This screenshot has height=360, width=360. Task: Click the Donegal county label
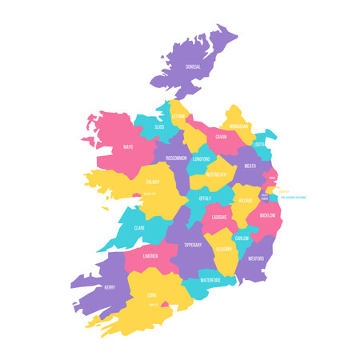pos(193,66)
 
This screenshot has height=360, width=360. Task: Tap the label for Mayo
pos(129,147)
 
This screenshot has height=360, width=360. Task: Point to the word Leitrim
pos(178,116)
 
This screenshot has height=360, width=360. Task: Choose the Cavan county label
pos(222,137)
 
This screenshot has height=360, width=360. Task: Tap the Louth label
pos(259,145)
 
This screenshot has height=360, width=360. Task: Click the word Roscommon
pos(177,158)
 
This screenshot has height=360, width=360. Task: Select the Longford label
pos(201,158)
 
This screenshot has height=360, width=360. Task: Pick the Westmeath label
pos(216,174)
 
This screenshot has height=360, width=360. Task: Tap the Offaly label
pos(205,198)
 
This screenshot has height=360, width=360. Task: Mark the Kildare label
pos(245,199)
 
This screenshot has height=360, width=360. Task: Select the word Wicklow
pos(268,215)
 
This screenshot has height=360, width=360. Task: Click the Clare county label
pos(139,227)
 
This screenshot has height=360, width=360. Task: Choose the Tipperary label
pos(192,245)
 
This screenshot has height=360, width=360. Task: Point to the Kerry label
pos(110,286)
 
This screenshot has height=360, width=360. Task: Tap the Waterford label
pos(210,280)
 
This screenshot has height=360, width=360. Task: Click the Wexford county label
pos(255,258)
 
